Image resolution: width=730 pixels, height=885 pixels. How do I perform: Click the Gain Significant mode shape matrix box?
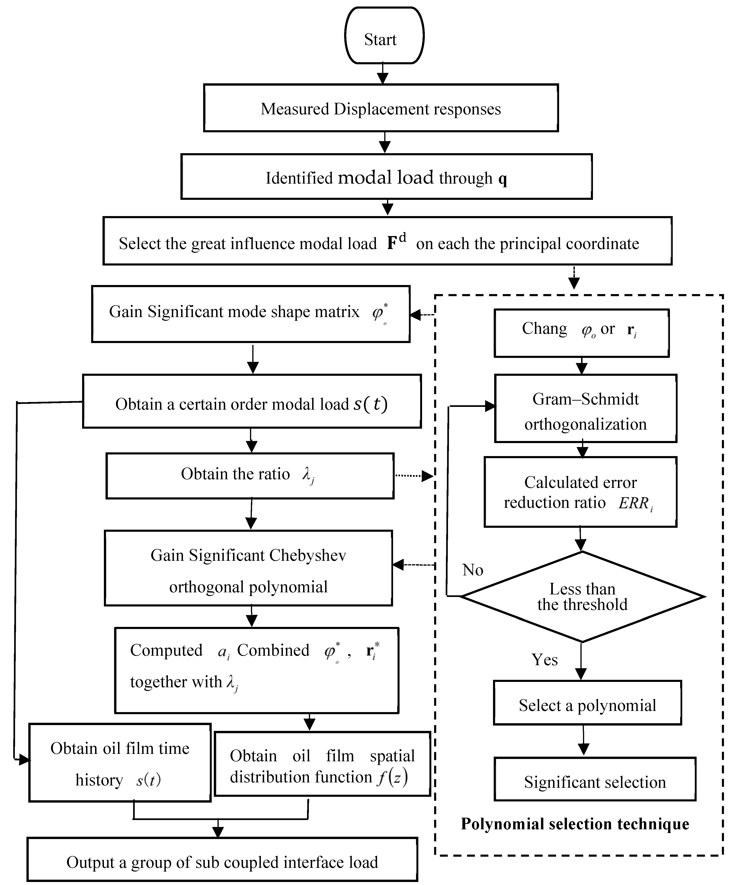[x=251, y=314]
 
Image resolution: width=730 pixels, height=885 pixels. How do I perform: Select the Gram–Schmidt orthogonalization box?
[x=585, y=408]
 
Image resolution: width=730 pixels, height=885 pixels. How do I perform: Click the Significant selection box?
[x=595, y=782]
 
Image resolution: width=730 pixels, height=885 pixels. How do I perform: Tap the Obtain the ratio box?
[x=250, y=476]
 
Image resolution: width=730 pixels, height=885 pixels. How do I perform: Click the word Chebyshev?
[x=307, y=555]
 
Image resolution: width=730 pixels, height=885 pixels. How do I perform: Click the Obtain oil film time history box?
[x=120, y=762]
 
